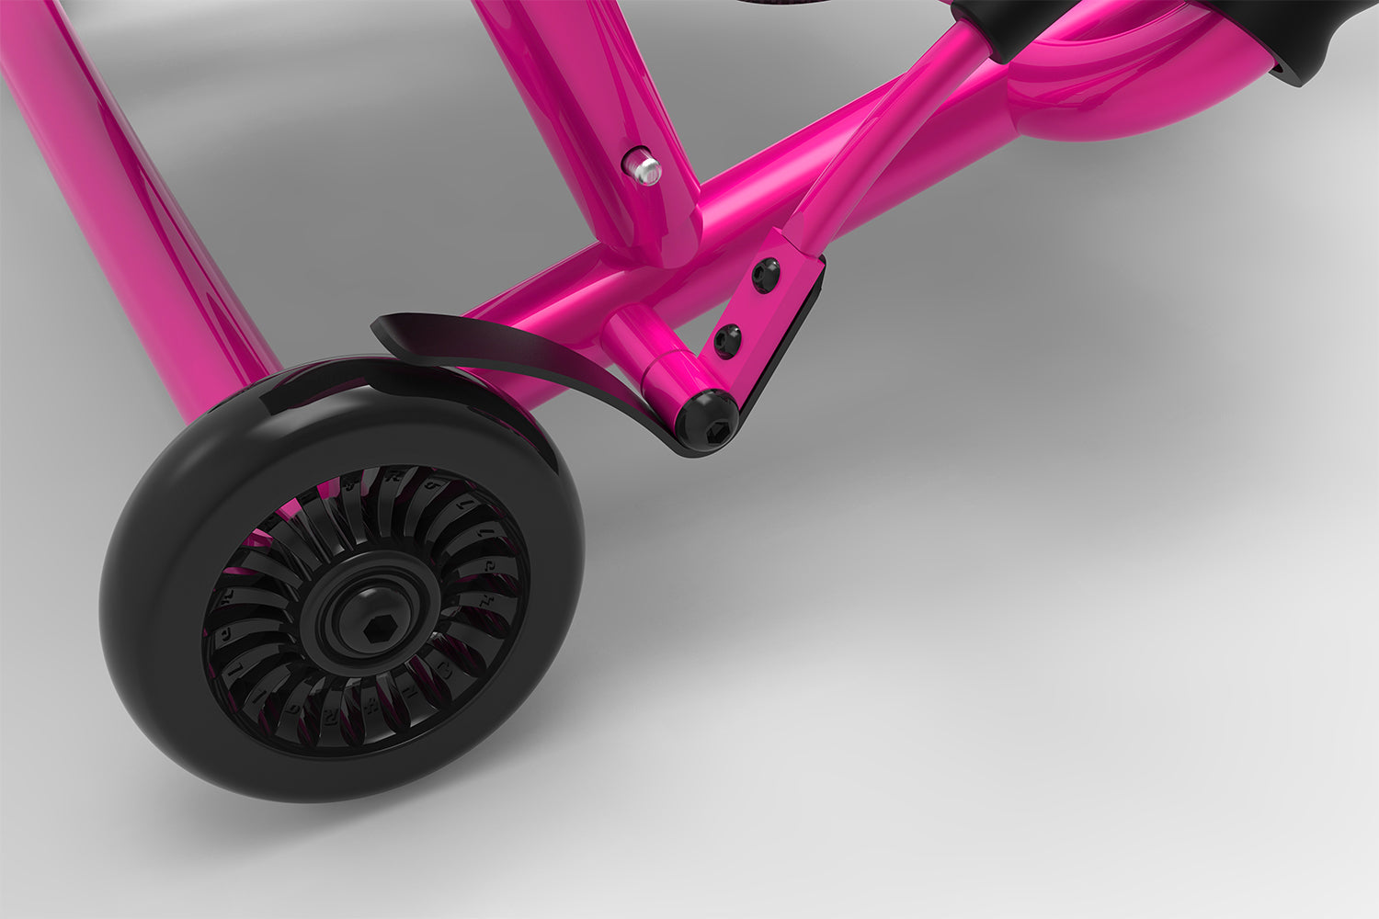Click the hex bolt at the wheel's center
377,629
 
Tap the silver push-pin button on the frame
644,168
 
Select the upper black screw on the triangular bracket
764,275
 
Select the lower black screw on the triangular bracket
728,341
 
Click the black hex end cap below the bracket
708,422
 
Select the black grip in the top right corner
1305,37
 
